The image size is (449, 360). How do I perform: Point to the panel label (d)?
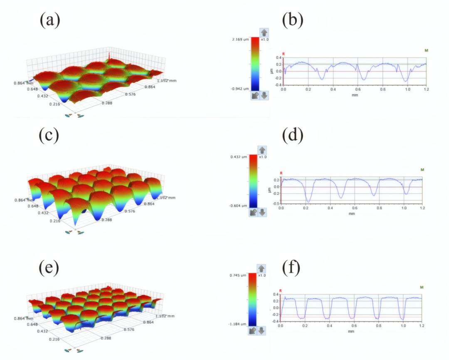coord(293,136)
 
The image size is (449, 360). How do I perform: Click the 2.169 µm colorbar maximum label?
coord(241,39)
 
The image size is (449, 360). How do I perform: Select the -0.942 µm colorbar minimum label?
coord(240,88)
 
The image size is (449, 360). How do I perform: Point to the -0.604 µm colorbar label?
coord(239,206)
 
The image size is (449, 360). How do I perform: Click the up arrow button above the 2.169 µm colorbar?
coord(264,32)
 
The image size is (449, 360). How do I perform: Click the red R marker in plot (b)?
coord(284,54)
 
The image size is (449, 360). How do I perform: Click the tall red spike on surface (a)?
coord(109,57)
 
